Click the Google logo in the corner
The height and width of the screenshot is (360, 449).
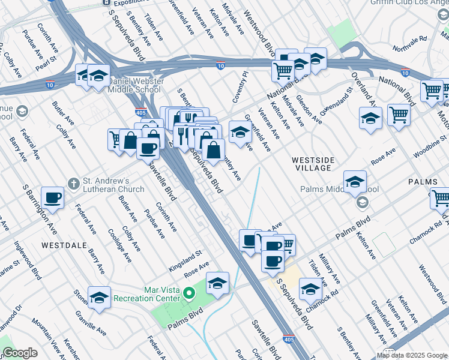coord(20,353)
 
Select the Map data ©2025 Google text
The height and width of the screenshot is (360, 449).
coord(412,355)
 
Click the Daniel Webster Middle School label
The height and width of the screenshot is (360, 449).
coord(134,85)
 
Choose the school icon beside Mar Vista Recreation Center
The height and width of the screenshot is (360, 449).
coord(218,283)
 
